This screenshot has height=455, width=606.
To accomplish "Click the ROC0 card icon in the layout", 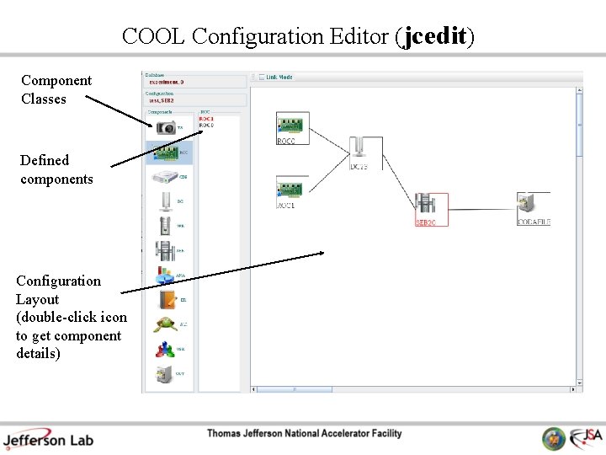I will pyautogui.click(x=292, y=126).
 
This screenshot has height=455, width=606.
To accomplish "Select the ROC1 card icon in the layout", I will pyautogui.click(x=292, y=189).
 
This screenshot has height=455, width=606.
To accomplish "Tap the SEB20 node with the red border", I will pyautogui.click(x=430, y=207).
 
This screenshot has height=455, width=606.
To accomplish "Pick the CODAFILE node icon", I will pyautogui.click(x=532, y=205).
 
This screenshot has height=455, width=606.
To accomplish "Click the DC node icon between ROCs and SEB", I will pyautogui.click(x=359, y=147).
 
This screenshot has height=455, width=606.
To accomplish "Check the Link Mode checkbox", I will pyautogui.click(x=262, y=78).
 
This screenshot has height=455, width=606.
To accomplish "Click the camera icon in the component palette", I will pyautogui.click(x=166, y=126).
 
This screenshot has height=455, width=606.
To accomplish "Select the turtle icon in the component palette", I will pyautogui.click(x=164, y=324).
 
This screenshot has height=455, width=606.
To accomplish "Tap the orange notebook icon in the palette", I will pyautogui.click(x=165, y=299).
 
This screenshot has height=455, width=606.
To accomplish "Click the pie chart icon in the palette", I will pyautogui.click(x=164, y=276).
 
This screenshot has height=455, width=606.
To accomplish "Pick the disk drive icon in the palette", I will pyautogui.click(x=164, y=177).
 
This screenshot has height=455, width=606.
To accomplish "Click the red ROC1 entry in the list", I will pyautogui.click(x=206, y=120).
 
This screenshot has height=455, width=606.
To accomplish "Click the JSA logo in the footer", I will pyautogui.click(x=585, y=438).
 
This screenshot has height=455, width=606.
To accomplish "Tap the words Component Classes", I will pyautogui.click(x=56, y=89).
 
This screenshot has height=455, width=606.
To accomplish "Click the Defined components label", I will pyautogui.click(x=56, y=169).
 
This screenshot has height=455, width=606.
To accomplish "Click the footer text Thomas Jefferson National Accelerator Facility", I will pyautogui.click(x=305, y=433).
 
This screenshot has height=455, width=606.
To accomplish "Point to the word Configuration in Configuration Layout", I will pyautogui.click(x=58, y=281).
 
